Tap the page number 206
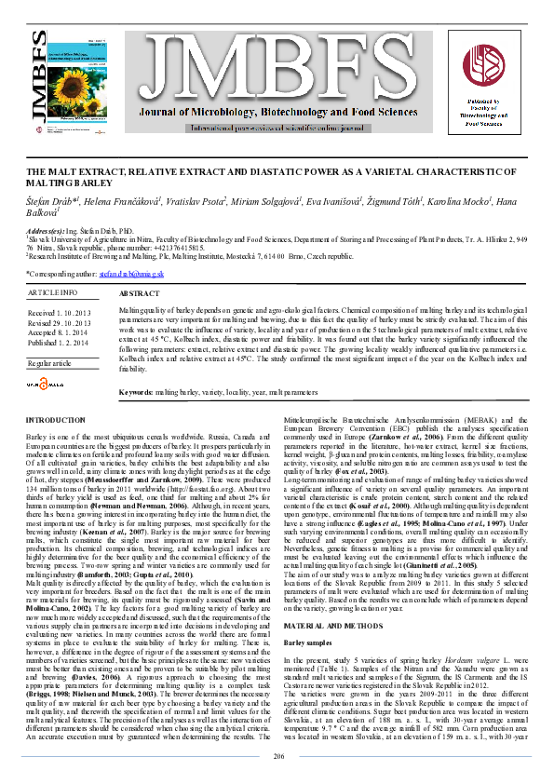[277, 756]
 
